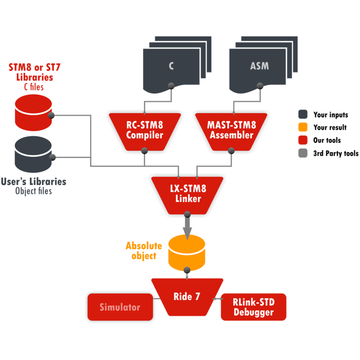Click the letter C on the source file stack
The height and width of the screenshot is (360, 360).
171,66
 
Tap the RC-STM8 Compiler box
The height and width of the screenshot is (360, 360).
145,130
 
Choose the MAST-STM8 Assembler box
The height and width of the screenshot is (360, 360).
230,130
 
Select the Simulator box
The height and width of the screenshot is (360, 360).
120,308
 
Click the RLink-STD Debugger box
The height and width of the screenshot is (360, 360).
253,307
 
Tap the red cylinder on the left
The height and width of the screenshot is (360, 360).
33,112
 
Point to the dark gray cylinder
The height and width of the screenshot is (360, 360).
33,154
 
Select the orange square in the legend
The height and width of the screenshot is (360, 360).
303,127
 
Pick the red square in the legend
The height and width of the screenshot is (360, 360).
303,140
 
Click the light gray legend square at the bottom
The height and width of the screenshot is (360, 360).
303,153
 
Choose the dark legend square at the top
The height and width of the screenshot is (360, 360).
303,114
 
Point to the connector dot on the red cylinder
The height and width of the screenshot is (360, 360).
51,116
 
